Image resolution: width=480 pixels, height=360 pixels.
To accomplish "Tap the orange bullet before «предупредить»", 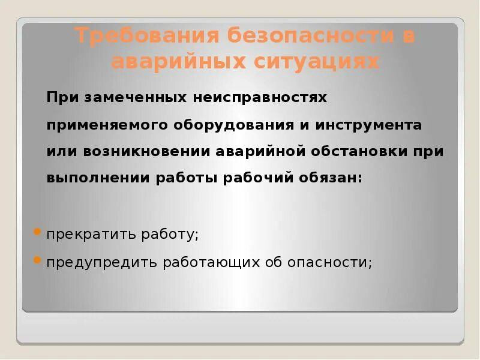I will point(37,260).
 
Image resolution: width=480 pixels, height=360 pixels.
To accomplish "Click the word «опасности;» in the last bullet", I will point(331,263).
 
